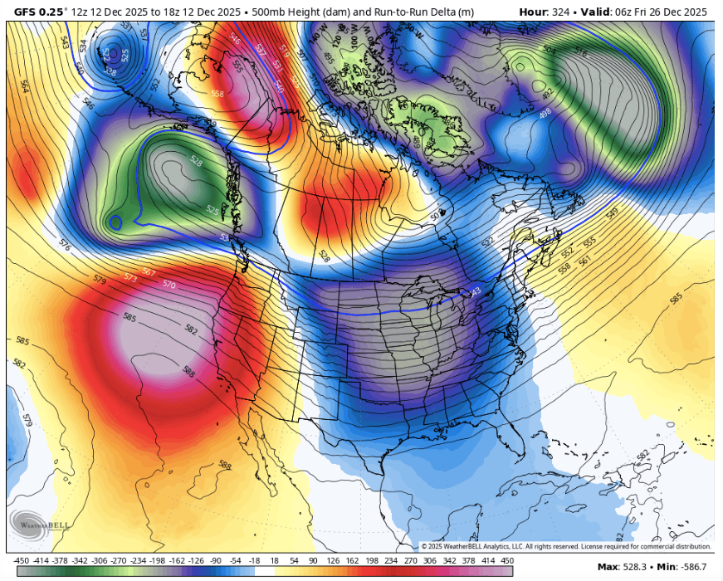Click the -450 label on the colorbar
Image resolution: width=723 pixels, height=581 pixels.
point(16,561)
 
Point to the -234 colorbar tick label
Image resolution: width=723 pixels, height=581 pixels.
point(135,561)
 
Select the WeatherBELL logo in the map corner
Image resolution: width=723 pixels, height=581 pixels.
point(30,524)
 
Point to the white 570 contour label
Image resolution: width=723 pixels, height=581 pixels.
point(169,284)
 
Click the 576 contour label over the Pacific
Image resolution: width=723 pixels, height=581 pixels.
point(66,247)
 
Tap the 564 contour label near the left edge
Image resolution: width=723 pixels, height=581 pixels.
point(25,85)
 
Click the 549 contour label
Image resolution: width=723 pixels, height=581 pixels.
point(612,213)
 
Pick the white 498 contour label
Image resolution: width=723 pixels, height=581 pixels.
point(545,112)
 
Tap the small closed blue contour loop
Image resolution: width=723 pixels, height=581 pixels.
point(116,222)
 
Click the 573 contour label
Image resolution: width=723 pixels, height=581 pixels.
point(130,276)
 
